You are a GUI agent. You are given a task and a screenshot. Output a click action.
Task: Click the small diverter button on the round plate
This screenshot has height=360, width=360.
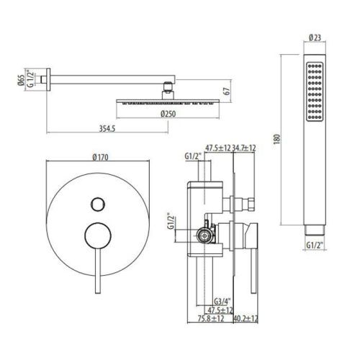coord(96,203)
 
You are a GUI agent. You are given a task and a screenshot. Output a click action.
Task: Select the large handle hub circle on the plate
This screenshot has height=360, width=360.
coord(96,235)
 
